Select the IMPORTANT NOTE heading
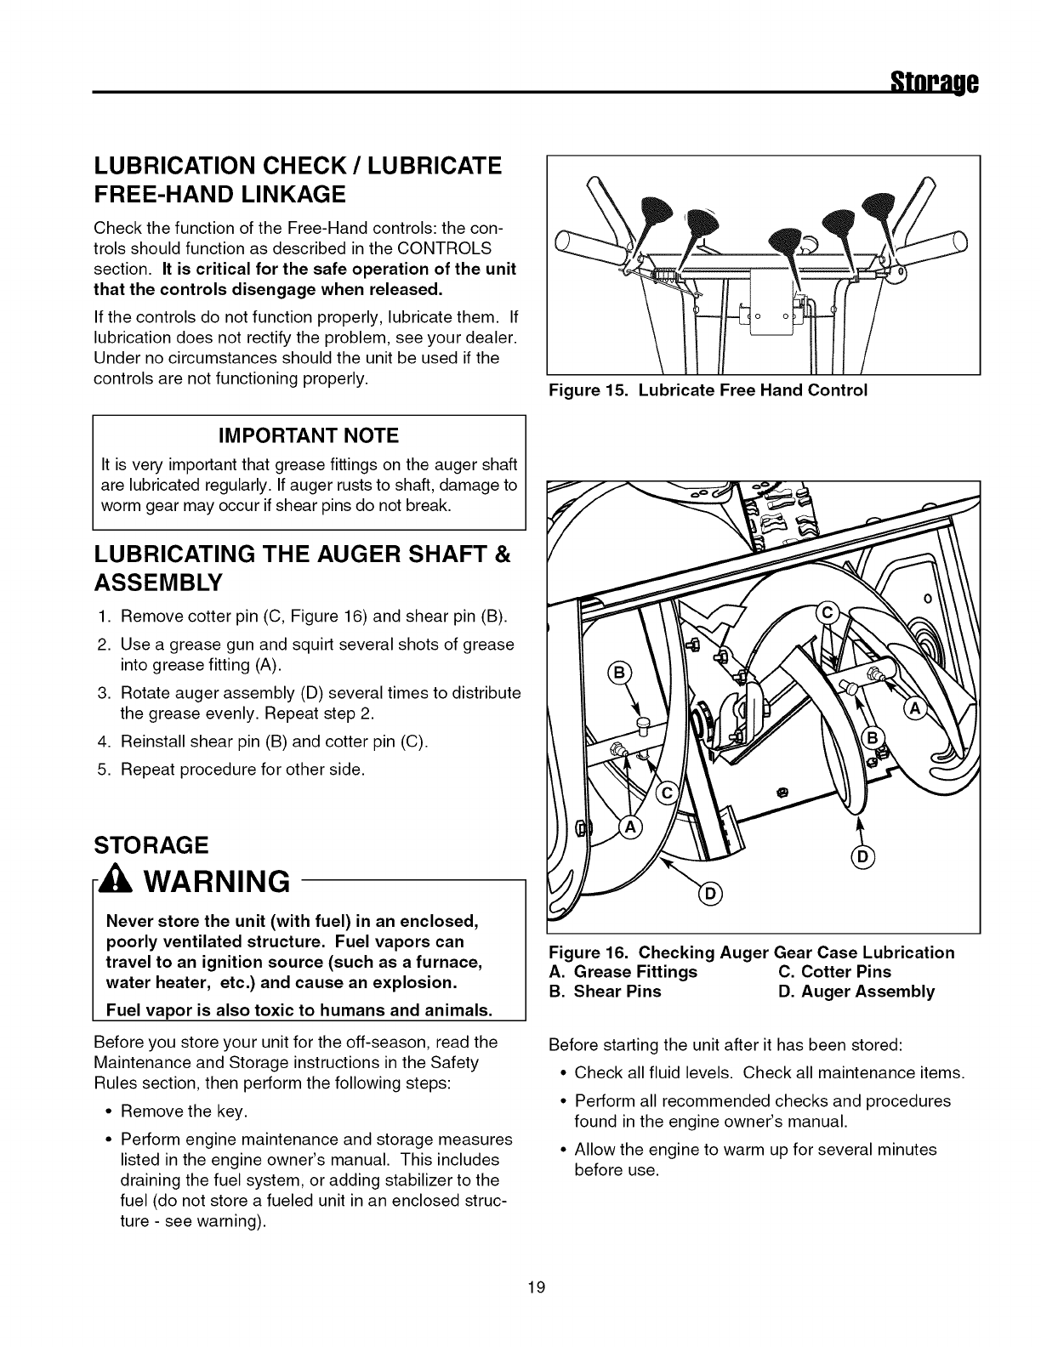309,436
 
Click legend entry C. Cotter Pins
834,971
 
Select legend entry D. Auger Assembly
856,991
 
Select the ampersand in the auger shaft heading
501,555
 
